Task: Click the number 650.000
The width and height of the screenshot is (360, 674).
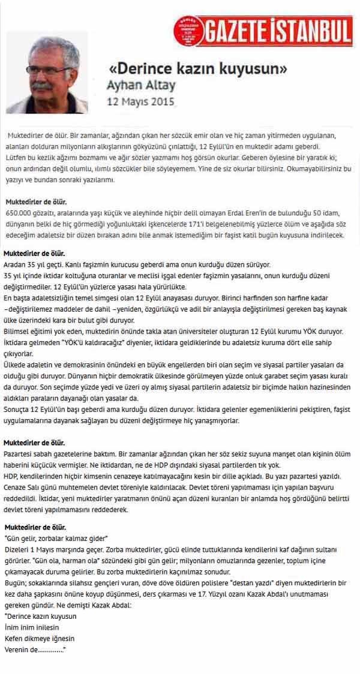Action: [x=19, y=213]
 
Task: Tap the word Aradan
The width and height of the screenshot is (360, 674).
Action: [x=16, y=264]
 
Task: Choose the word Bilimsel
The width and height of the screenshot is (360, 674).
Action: [x=19, y=331]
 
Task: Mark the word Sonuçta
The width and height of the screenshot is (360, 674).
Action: [x=18, y=409]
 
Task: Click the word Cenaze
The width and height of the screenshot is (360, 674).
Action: [x=17, y=486]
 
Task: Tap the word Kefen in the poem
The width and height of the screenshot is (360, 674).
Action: [x=14, y=639]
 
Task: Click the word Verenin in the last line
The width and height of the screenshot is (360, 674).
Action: [x=17, y=651]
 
